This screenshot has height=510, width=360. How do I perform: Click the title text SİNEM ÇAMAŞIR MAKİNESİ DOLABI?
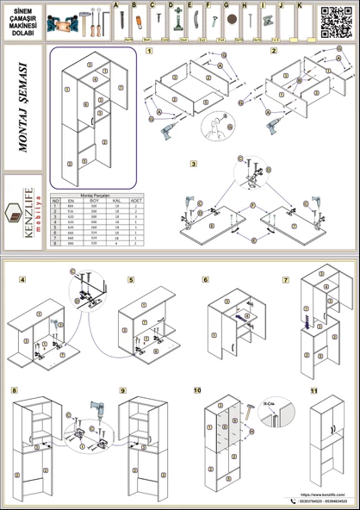[x=22, y=22]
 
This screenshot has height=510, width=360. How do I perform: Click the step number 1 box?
[x=150, y=52]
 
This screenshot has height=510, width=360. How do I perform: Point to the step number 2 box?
[x=274, y=52]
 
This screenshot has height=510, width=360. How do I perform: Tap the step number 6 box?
[x=206, y=280]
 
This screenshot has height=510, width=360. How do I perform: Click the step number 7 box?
[x=286, y=280]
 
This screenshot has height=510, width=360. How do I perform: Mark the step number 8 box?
[x=14, y=390]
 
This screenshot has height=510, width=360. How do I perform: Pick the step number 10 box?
[x=197, y=390]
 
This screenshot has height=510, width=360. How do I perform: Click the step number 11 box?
[x=313, y=390]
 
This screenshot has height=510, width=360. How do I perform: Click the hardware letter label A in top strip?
[x=116, y=5]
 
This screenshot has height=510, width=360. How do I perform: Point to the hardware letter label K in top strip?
[x=298, y=5]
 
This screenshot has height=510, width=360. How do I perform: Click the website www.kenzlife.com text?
[x=323, y=494]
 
